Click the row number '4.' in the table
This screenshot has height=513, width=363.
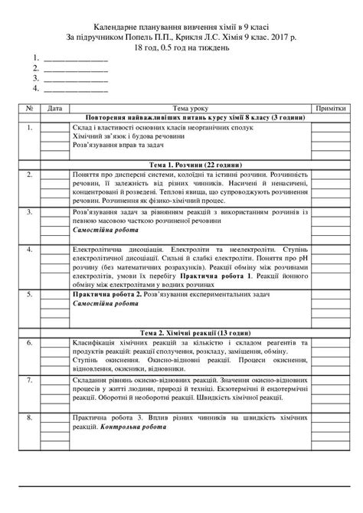point(28,250)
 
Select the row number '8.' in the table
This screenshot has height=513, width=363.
point(28,418)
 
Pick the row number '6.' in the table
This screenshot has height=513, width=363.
point(28,344)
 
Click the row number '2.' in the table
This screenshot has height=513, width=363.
point(28,175)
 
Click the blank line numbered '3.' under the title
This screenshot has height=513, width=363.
point(73,77)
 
